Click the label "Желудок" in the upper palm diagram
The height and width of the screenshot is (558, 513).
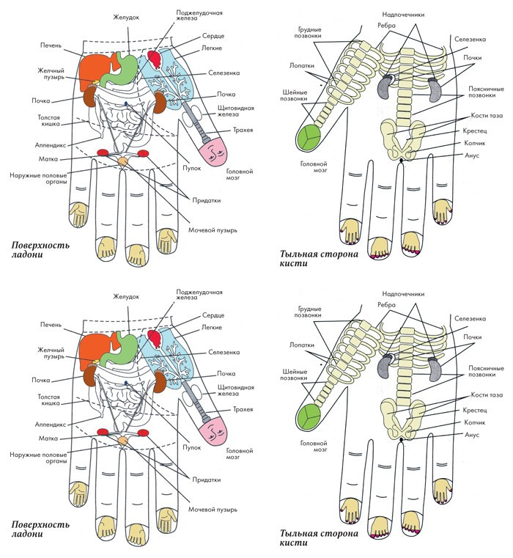pyautogui.click(x=126, y=17)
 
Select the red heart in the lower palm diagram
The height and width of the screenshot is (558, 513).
pyautogui.click(x=155, y=339)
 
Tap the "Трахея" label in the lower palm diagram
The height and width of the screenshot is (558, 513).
pyautogui.click(x=243, y=409)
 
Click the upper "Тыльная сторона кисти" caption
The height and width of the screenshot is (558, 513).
pyautogui.click(x=318, y=259)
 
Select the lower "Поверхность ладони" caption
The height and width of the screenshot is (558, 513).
pyautogui.click(x=40, y=529)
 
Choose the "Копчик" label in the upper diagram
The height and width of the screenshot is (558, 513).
pyautogui.click(x=475, y=143)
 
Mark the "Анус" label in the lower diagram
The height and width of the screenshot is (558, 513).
pyautogui.click(x=472, y=435)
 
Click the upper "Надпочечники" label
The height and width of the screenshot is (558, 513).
pyautogui.click(x=403, y=15)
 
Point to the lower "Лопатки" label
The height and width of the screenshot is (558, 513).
pyautogui.click(x=302, y=345)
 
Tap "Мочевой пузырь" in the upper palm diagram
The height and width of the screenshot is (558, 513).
pyautogui.click(x=213, y=230)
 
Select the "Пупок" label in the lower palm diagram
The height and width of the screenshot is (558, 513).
pyautogui.click(x=192, y=448)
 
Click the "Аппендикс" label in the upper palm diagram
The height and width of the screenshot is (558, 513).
pyautogui.click(x=51, y=145)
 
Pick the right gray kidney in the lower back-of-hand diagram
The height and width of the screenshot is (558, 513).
pyautogui.click(x=435, y=370)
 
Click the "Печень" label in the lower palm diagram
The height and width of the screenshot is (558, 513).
pyautogui.click(x=51, y=325)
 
